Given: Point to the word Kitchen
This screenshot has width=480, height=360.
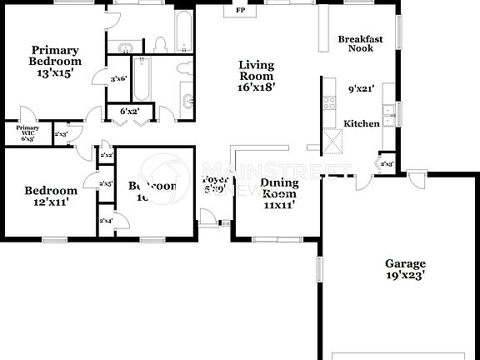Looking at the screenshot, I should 362,123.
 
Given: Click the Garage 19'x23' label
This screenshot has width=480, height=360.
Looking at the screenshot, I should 405,268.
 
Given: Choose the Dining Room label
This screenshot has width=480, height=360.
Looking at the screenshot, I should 279,193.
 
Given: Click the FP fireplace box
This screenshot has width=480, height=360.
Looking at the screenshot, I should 241,11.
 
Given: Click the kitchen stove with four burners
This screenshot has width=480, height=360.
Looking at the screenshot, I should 329,103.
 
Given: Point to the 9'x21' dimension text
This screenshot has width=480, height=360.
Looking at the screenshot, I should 361,88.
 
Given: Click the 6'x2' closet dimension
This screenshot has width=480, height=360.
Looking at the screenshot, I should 128,111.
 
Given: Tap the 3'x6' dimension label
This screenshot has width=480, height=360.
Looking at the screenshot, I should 118,78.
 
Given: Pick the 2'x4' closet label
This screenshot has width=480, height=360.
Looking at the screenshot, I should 106,220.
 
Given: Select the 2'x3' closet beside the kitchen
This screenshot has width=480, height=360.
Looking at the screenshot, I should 387,164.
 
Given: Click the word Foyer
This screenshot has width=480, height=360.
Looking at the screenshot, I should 213,178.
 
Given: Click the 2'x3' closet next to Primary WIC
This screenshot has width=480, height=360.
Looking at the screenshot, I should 61,134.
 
